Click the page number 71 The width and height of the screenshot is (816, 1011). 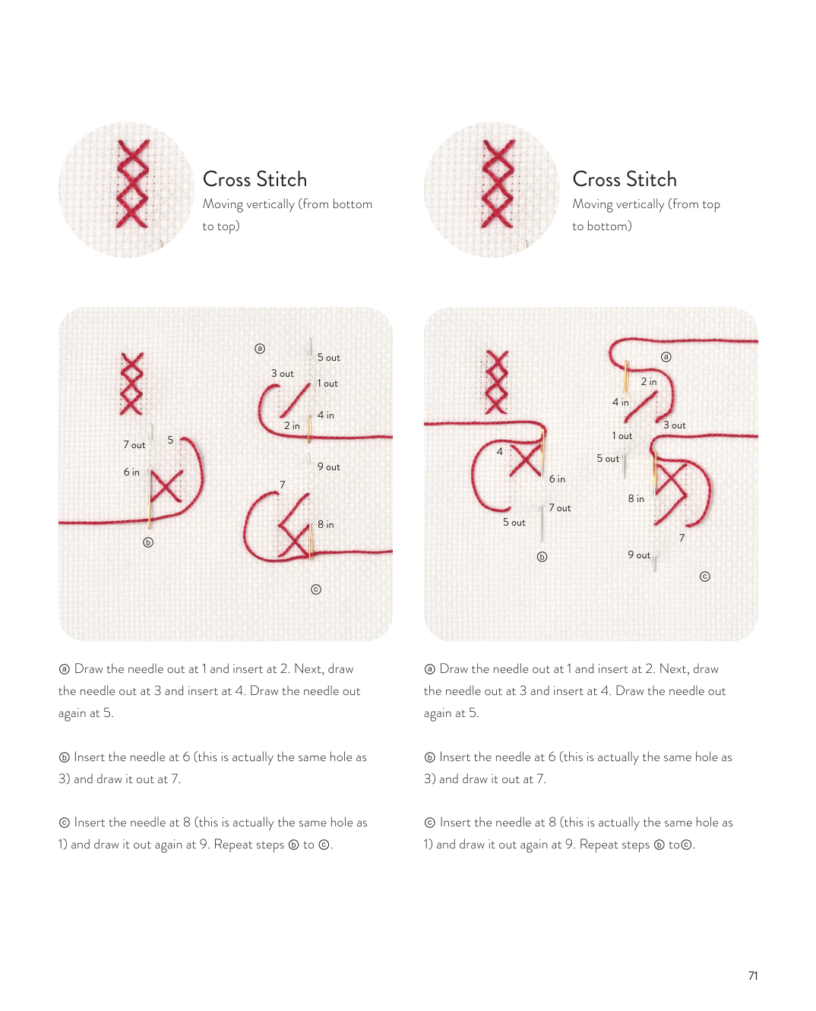tap(752, 976)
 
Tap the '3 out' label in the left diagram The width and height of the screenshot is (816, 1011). tap(282, 374)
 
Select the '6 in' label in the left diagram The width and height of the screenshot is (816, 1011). tap(131, 472)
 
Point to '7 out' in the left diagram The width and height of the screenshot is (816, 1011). tap(134, 445)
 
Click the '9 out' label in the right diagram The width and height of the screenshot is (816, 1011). tap(639, 554)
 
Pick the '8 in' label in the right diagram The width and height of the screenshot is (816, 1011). tap(636, 498)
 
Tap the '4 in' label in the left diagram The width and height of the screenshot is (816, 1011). tap(326, 415)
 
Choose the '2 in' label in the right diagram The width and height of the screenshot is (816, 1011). tap(649, 382)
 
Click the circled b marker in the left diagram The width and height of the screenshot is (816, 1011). tap(148, 542)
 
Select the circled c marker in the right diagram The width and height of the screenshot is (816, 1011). tap(704, 577)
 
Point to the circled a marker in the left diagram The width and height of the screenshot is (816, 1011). tap(260, 349)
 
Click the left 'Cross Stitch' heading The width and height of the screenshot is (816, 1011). tap(255, 179)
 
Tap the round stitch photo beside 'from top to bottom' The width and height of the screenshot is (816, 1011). tap(492, 190)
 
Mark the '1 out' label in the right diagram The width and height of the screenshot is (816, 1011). tap(621, 436)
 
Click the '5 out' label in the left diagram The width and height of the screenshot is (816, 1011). tap(328, 358)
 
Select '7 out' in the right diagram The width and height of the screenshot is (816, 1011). tap(560, 508)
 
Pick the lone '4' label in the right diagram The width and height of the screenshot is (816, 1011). tap(500, 451)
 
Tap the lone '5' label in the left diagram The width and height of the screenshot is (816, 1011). tap(171, 441)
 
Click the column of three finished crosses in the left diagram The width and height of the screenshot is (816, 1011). tap(131, 384)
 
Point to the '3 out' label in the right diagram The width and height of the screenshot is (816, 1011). tap(675, 425)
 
